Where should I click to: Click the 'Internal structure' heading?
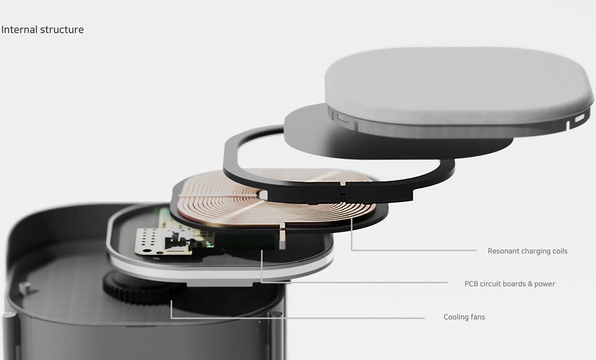coord(43,30)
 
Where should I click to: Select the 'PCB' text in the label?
coord(472,284)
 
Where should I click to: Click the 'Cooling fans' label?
coord(464,317)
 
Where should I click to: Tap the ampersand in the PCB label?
coord(529,284)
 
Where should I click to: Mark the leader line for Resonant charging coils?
coord(414,250)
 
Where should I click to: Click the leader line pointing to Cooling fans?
coord(295,318)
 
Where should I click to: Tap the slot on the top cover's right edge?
coord(578,119)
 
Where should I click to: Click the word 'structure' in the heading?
coord(62,30)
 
